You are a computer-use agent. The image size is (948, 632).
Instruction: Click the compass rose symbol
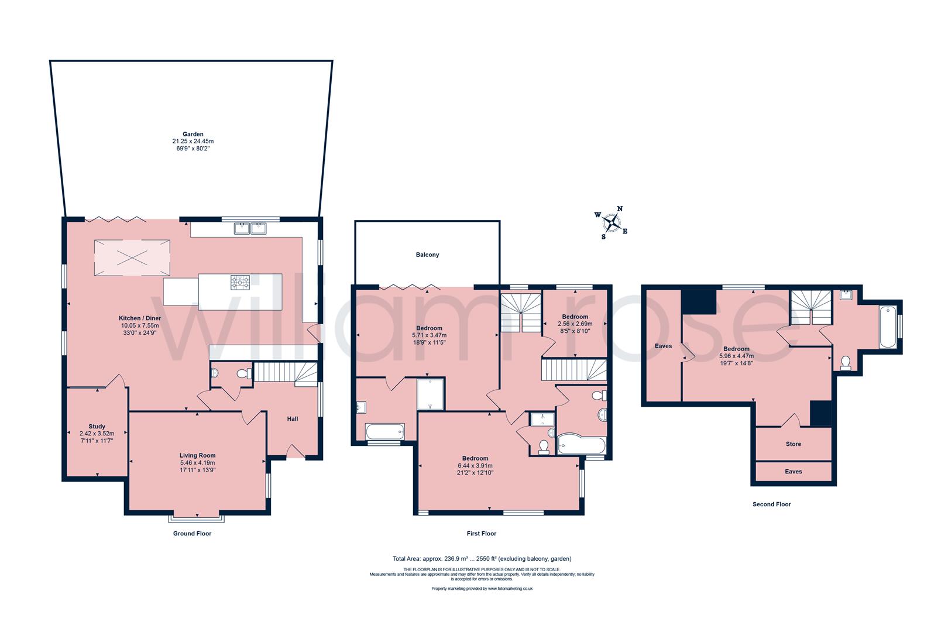(612, 222)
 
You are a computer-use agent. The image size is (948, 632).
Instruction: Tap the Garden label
(193, 134)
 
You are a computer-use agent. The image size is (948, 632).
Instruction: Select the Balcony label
(427, 255)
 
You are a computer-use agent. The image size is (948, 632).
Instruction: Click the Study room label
(97, 426)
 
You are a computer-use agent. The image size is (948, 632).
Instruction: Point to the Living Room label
(197, 455)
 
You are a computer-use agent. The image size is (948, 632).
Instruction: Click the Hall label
(293, 418)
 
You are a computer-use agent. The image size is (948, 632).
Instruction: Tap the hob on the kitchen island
(240, 282)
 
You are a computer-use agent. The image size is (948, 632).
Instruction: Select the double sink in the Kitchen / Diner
(250, 228)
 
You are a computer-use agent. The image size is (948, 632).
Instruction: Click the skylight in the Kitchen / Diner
(132, 258)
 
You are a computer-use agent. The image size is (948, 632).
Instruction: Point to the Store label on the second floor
(793, 444)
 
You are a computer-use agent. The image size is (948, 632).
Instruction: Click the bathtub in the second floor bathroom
(888, 327)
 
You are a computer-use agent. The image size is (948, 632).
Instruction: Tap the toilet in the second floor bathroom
(846, 363)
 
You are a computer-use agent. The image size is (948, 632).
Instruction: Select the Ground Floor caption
(192, 533)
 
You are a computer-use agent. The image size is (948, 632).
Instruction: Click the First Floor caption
(482, 533)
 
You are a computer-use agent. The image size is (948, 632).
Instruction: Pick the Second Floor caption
(771, 504)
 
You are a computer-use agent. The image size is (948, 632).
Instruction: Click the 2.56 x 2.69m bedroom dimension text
(575, 324)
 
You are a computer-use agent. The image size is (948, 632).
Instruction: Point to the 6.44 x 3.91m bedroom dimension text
(475, 466)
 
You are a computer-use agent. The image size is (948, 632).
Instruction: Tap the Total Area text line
(482, 559)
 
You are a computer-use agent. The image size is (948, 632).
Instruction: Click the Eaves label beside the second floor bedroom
(663, 346)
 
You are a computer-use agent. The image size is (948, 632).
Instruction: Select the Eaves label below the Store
(793, 472)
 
